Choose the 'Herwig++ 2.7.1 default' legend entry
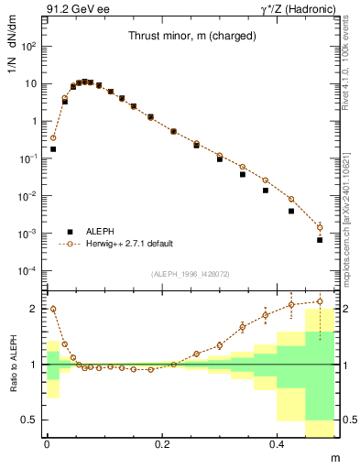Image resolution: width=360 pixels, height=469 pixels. [x=127, y=245]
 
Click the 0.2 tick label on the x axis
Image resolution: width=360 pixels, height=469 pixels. [x=163, y=442]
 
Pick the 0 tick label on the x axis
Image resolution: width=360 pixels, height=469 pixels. [x=47, y=442]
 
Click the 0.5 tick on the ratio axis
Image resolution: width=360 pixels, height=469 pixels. [x=28, y=420]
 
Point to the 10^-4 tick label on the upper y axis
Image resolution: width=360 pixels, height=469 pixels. [x=27, y=271]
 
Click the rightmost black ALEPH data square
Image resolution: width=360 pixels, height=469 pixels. [x=320, y=240]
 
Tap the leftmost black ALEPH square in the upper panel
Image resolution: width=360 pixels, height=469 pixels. [x=53, y=148]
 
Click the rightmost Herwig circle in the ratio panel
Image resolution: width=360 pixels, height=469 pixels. [x=320, y=300]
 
